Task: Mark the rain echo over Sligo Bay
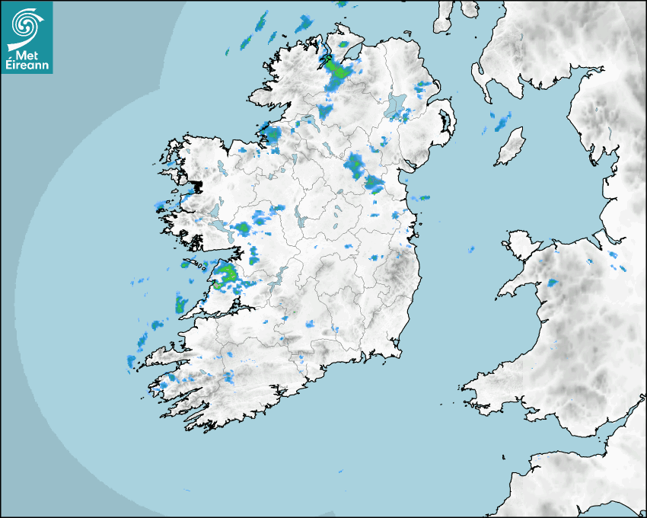coord(272,136)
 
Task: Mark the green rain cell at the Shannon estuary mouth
coord(181,305)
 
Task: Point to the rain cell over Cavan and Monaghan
coord(354,163)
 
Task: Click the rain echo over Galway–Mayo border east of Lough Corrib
coord(242,228)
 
